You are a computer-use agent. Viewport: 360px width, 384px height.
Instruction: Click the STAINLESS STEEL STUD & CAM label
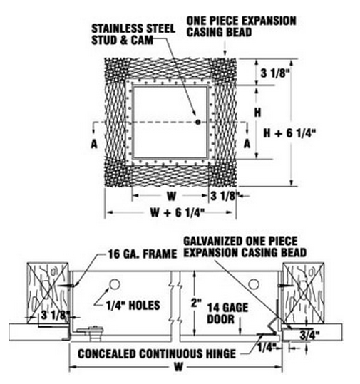[x=133, y=34]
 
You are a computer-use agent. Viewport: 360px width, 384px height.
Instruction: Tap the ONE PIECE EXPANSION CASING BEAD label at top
[x=242, y=26]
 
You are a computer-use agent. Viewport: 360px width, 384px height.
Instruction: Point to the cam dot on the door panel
[x=198, y=122]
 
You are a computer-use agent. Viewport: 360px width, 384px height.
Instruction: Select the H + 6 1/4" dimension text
[x=289, y=133]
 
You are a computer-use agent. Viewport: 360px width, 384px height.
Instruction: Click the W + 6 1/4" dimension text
[x=178, y=212]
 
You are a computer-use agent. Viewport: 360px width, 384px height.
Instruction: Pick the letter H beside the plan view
[x=257, y=113]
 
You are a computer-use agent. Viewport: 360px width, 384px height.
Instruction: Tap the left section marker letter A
[x=94, y=144]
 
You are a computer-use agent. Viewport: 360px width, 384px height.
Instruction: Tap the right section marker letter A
[x=247, y=143]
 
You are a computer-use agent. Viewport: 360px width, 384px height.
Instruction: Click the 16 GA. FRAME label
[x=143, y=254]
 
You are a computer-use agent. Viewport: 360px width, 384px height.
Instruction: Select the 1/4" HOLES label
[x=133, y=306]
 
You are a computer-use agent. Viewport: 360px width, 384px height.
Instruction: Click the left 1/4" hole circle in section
[x=115, y=284]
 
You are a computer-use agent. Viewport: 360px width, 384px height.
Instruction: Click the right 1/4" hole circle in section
[x=254, y=284]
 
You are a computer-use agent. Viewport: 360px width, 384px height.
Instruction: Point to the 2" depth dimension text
[x=196, y=303]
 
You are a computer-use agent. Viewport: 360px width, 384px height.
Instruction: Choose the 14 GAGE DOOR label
[x=227, y=313]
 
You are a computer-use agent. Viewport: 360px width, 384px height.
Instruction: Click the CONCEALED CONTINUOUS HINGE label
[x=157, y=354]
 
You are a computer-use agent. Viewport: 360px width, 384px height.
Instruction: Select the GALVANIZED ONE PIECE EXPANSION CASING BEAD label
[x=245, y=247]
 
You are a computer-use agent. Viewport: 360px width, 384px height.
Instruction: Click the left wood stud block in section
[x=48, y=293]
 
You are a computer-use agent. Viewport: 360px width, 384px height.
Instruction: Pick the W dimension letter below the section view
[x=179, y=367]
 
